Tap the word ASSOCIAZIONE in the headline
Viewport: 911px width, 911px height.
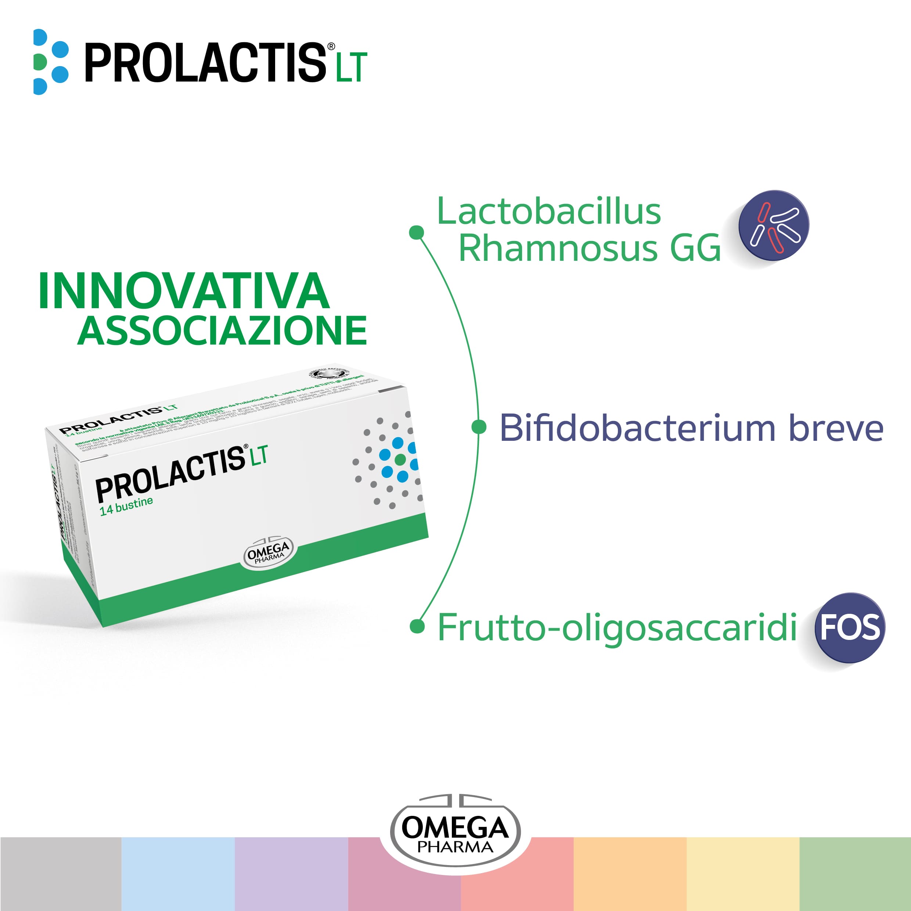click(x=222, y=331)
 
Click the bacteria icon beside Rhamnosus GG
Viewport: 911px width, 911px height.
click(x=774, y=226)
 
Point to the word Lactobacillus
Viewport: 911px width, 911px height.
click(x=549, y=212)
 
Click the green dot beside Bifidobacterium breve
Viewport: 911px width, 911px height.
click(x=479, y=427)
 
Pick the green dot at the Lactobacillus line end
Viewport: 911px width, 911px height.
click(x=416, y=232)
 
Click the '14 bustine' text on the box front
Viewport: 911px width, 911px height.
click(x=126, y=505)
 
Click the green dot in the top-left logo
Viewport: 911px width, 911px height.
click(x=40, y=62)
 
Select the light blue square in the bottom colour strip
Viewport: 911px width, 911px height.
click(x=178, y=873)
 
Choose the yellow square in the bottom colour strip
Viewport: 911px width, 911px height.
click(x=743, y=873)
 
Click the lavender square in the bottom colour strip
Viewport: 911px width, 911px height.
click(x=291, y=873)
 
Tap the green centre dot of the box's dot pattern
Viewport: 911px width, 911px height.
click(x=400, y=459)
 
